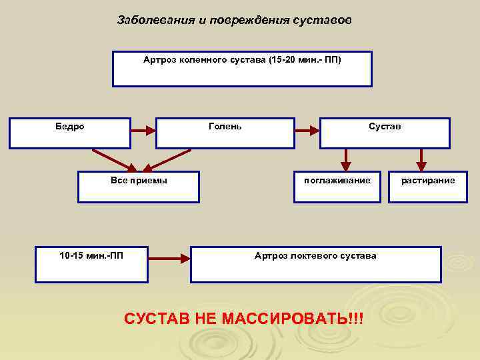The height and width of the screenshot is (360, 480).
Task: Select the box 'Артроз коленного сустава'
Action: pyautogui.click(x=242, y=69)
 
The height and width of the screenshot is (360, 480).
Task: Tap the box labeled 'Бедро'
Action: pyautogui.click(x=69, y=133)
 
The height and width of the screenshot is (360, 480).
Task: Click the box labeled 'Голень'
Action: pyautogui.click(x=225, y=133)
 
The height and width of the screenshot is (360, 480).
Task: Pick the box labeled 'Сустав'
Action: pyautogui.click(x=385, y=133)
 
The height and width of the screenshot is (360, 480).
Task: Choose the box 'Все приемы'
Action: pyautogui.click(x=138, y=187)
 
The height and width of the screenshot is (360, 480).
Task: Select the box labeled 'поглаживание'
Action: pyautogui.click(x=337, y=187)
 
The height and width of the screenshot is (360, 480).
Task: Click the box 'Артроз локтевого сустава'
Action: pyautogui.click(x=315, y=264)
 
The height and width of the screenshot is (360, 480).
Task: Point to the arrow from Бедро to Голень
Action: pyautogui.click(x=143, y=132)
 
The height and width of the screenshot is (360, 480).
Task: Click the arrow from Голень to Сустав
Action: pyautogui.click(x=307, y=132)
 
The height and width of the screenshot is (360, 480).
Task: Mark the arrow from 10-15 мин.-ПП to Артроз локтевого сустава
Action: pyautogui.click(x=168, y=257)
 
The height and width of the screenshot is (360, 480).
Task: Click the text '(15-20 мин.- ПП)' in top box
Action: pyautogui.click(x=305, y=60)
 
